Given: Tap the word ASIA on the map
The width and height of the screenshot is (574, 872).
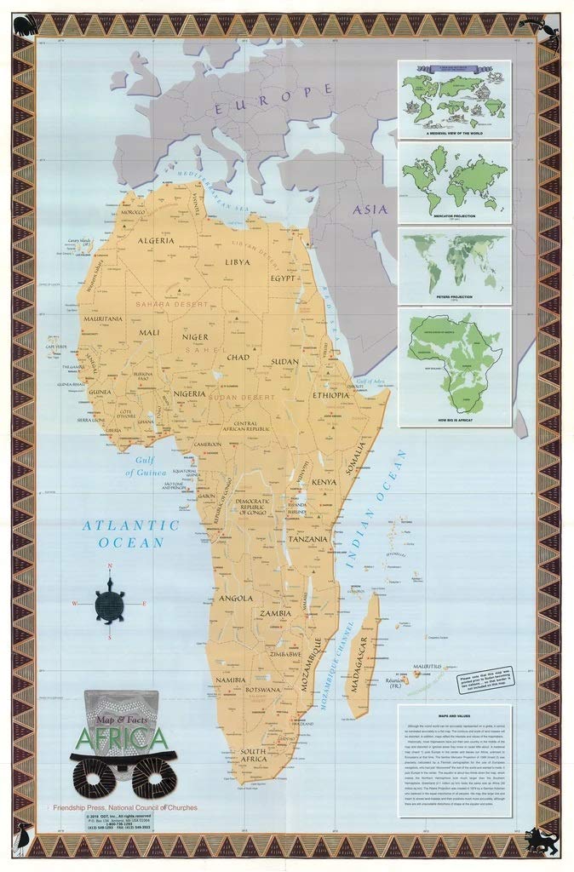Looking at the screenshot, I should click(370, 209).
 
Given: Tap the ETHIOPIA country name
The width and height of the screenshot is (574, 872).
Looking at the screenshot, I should click(330, 395).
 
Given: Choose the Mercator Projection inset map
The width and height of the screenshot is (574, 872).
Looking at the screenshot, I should click(454, 181).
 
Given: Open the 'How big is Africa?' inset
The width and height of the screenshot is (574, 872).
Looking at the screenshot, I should click(454, 366).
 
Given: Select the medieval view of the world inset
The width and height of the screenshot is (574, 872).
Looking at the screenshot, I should click(454, 98).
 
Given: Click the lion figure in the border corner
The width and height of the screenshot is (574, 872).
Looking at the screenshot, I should click(542, 840).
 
